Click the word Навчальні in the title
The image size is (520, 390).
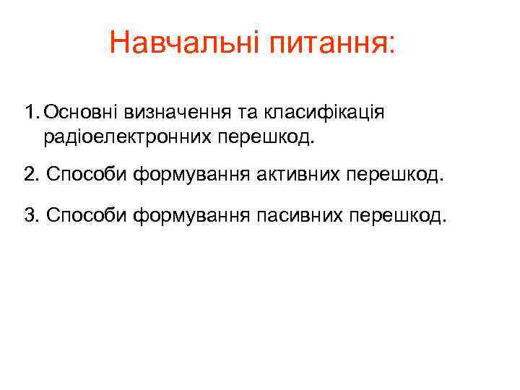186,43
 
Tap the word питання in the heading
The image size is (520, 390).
329,45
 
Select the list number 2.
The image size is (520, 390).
29,175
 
